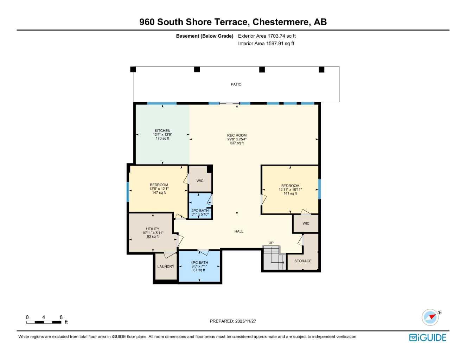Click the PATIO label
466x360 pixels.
tap(236, 84)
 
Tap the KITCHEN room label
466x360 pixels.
tap(162, 131)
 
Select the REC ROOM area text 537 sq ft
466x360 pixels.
tap(237, 143)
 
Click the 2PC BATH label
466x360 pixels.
tap(200, 211)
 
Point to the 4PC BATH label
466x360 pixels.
tap(199, 263)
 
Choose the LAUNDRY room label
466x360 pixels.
tap(166, 266)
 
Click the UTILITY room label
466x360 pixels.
tap(153, 229)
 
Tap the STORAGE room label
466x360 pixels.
tap(303, 261)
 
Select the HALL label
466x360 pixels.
tap(239, 231)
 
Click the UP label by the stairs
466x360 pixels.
tap(271, 243)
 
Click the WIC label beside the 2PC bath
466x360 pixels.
tap(200, 181)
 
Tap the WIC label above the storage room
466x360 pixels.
tap(306, 223)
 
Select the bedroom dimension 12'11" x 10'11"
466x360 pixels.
tap(290, 189)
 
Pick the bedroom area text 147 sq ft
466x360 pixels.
tap(159, 193)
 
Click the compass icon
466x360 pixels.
tap(430, 317)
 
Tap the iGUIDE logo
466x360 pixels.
tap(428, 337)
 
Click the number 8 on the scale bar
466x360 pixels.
tap(61, 317)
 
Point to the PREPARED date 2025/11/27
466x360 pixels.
tap(233, 321)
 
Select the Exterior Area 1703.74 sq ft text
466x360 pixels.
tap(267, 36)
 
